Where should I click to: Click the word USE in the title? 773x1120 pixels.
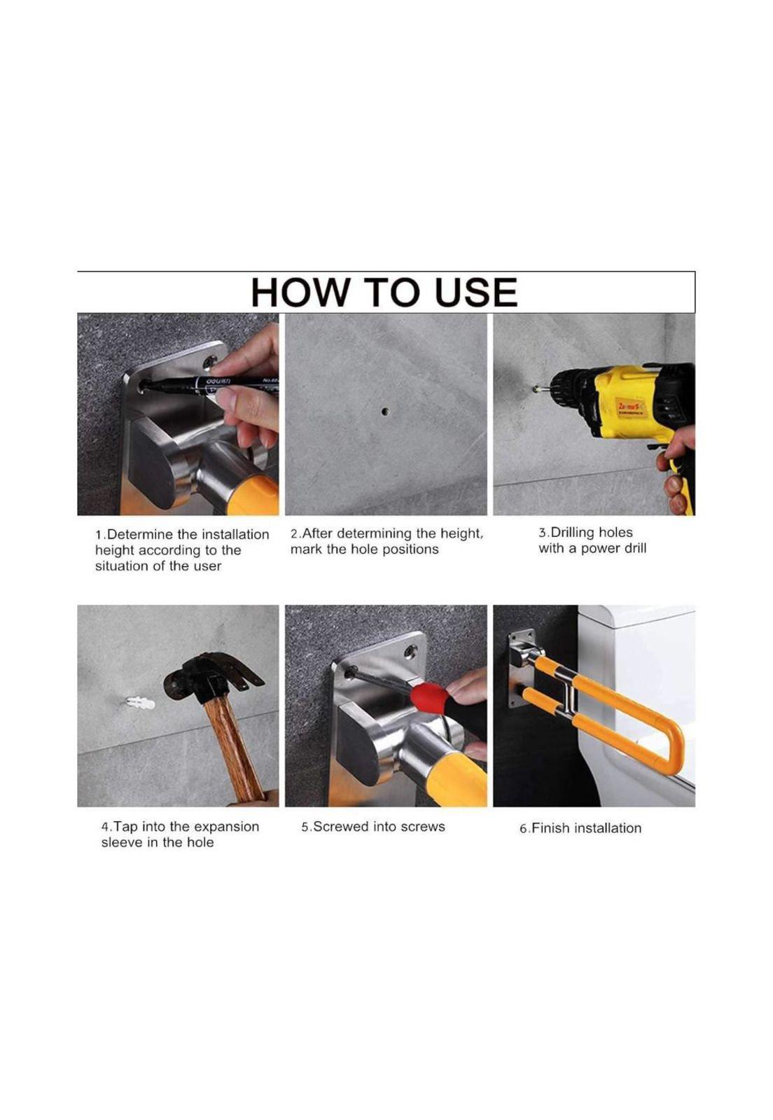(476, 292)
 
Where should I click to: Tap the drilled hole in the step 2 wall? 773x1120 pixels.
(384, 412)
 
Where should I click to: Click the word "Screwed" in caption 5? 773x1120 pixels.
(341, 827)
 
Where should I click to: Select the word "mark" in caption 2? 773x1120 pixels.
(306, 549)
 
